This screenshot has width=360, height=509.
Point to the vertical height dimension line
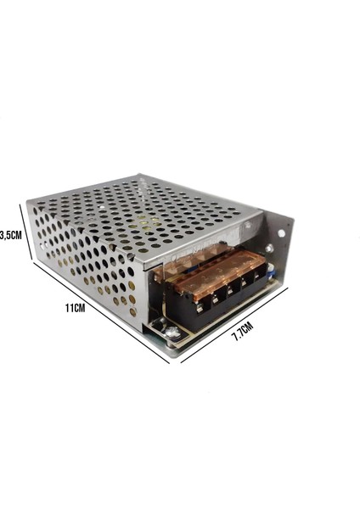pyautogui.click(x=32, y=234)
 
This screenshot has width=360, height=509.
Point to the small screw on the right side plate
pyautogui.click(x=270, y=248)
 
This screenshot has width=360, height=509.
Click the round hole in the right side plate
pyautogui.click(x=281, y=230)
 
